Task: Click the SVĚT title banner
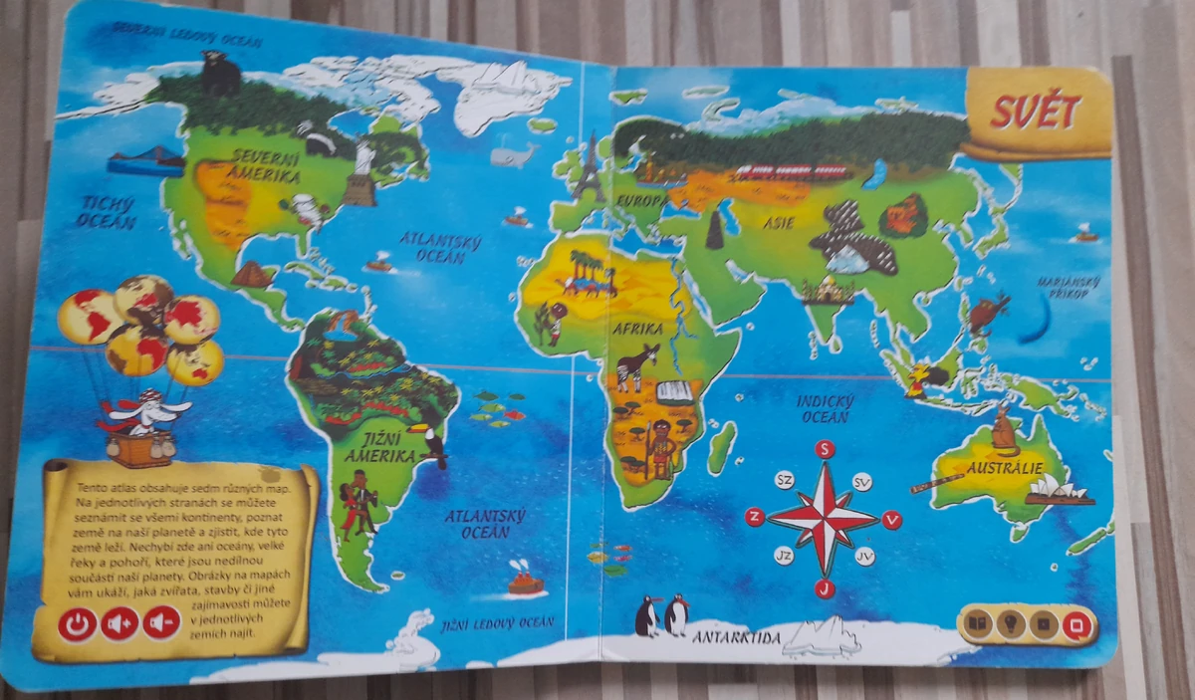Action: pyautogui.click(x=1036, y=113)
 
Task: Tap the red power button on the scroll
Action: pyautogui.click(x=77, y=624)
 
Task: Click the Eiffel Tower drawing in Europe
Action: pyautogui.click(x=589, y=167)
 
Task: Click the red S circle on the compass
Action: pyautogui.click(x=825, y=449)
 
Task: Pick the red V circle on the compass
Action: pyautogui.click(x=892, y=519)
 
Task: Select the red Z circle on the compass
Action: pyautogui.click(x=755, y=516)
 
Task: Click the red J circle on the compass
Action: pyautogui.click(x=825, y=589)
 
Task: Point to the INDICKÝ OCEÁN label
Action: pyautogui.click(x=824, y=408)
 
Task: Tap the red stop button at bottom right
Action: pyautogui.click(x=1076, y=625)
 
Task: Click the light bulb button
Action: pyautogui.click(x=1012, y=625)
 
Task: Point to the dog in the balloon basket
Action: pyautogui.click(x=145, y=410)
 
